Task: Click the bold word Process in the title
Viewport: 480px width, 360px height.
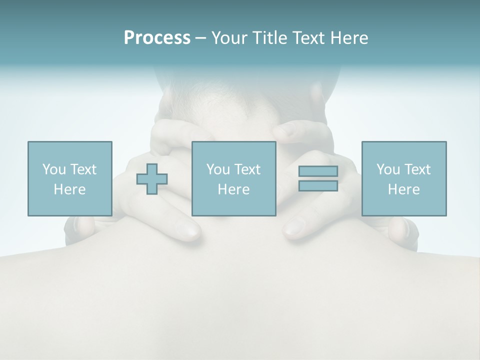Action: [x=157, y=38]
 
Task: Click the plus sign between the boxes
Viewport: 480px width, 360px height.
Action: [x=152, y=179]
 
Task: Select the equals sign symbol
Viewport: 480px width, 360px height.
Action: [x=318, y=178]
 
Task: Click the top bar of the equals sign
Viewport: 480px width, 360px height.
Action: [x=318, y=171]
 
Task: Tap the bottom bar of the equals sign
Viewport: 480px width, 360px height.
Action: [x=318, y=185]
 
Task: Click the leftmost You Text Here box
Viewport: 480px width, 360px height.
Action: [x=70, y=178]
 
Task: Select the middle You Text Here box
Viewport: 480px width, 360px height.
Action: [x=234, y=178]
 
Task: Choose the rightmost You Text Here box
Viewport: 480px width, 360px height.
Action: [x=404, y=178]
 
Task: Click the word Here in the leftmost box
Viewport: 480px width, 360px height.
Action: [x=70, y=189]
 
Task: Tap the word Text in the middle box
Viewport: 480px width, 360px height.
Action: [x=247, y=169]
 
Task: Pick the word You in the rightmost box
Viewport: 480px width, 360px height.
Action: [x=388, y=169]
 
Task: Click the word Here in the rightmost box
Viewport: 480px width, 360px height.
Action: [x=404, y=189]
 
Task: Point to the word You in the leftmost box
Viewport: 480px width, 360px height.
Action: [x=54, y=169]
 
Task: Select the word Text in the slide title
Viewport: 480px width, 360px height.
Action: [x=308, y=38]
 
